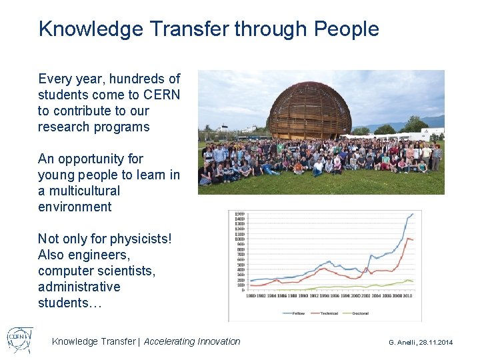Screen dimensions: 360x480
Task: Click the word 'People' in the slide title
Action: coord(346,29)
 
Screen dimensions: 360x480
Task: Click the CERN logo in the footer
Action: coord(19,339)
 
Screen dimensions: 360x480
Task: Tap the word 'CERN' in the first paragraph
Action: coord(163,95)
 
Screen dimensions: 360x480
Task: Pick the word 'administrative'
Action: coord(79,287)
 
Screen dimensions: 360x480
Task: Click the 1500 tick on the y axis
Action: coord(239,214)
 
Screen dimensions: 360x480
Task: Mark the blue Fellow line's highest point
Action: coord(413,214)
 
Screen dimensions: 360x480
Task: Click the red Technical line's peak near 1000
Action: coord(407,238)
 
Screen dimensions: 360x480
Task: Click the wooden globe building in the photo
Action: coord(308,110)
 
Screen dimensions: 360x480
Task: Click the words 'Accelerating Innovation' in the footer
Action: coord(192,341)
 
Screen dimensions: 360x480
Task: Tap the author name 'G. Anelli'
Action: coord(402,342)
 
